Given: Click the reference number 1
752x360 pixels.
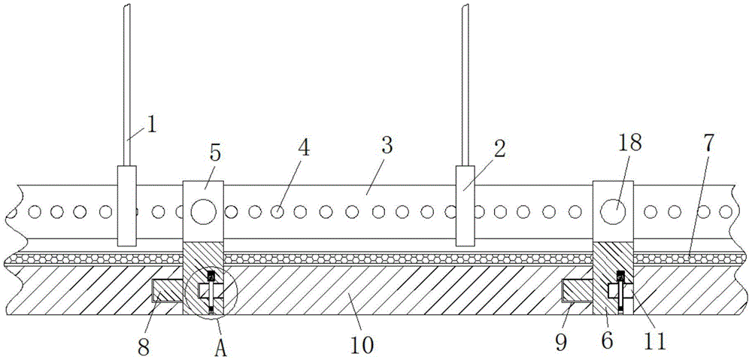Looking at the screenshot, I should pyautogui.click(x=151, y=123).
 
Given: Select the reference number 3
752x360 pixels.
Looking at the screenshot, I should pyautogui.click(x=387, y=146).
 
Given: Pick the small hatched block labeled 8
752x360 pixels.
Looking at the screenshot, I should pyautogui.click(x=166, y=290).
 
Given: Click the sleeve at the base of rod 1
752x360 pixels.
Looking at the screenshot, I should pyautogui.click(x=126, y=205).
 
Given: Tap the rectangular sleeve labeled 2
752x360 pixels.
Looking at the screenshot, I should pyautogui.click(x=466, y=205).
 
